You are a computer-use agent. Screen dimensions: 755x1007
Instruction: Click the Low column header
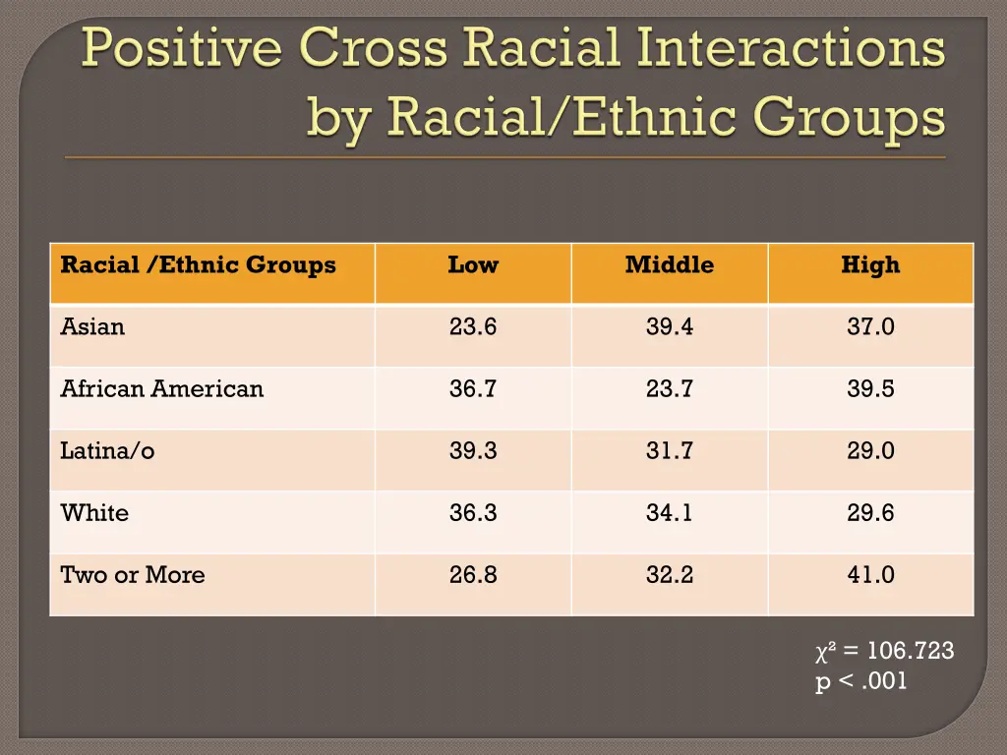(473, 264)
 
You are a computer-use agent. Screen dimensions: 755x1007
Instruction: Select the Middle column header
(670, 264)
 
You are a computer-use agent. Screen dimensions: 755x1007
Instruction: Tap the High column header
(870, 264)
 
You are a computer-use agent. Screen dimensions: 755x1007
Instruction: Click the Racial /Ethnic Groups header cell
(198, 264)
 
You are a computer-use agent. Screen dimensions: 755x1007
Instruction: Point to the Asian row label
(92, 326)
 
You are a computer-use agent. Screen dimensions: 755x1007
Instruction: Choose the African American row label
(162, 388)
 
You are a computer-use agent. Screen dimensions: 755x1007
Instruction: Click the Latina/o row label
(107, 451)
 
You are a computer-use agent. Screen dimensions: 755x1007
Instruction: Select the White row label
(94, 513)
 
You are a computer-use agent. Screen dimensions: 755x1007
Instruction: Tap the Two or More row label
(133, 575)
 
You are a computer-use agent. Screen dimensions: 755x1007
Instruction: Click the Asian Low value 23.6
(473, 326)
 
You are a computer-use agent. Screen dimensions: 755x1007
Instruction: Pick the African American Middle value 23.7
(670, 388)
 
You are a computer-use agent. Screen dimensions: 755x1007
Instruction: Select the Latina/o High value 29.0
(870, 451)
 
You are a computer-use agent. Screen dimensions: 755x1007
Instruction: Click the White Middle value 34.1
(670, 513)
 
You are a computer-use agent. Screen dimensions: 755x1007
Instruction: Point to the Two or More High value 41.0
(870, 575)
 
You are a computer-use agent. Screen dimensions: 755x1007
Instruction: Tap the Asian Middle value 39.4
(670, 326)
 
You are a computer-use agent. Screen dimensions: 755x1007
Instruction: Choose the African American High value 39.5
(870, 388)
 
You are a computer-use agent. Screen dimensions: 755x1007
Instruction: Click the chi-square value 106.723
(897, 651)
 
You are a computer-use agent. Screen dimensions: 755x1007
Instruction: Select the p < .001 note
(861, 681)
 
